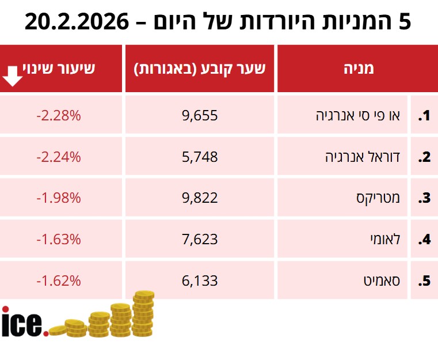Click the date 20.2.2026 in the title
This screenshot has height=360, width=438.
point(77,22)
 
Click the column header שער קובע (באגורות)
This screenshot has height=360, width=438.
point(200,69)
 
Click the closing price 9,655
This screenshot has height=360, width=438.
point(200,115)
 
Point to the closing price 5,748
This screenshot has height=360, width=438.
point(200,157)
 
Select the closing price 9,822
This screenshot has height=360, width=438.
point(200,198)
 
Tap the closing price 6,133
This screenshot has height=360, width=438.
point(200,281)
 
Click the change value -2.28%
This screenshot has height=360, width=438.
point(59,115)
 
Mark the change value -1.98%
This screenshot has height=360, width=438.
point(59,198)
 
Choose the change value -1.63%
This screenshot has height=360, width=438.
point(59,240)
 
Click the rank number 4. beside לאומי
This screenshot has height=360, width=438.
point(424,240)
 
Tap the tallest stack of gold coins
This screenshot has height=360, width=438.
point(143,313)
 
